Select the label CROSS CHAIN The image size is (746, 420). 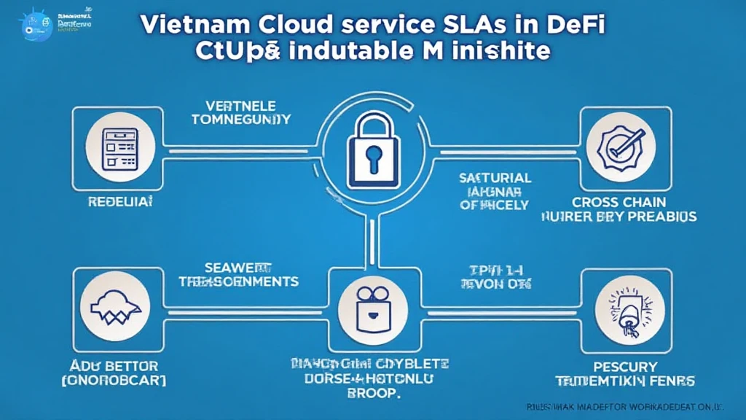coord(619,202)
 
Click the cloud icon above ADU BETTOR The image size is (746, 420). coord(115,306)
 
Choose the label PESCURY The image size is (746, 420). coord(625,366)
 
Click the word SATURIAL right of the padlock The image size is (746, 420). coord(495,177)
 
